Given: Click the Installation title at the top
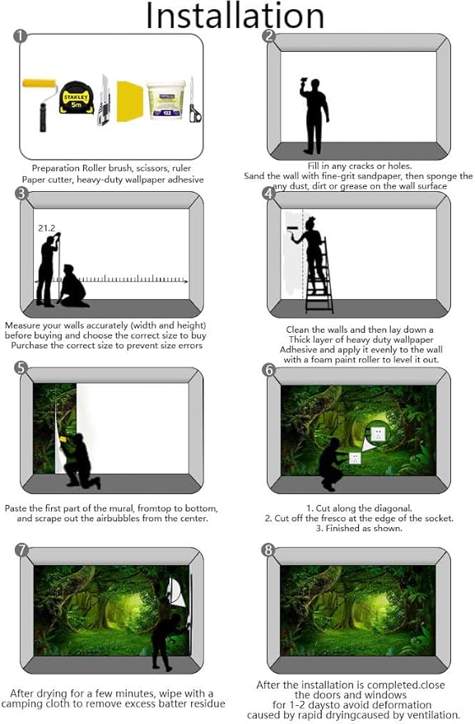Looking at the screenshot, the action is pos(235,16).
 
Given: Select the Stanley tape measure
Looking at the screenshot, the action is pos(77,98).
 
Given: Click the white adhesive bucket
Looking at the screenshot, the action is pos(165,100).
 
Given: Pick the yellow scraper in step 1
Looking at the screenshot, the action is pos(129,101).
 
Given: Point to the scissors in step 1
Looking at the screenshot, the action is pos(194,100).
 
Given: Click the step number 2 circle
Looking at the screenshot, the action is pos(268,36).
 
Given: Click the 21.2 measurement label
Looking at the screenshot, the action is pos(47,228).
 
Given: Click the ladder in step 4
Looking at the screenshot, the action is pos(319,276).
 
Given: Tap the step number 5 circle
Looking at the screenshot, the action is pos(21,367).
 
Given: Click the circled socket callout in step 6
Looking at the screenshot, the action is pos(378,432).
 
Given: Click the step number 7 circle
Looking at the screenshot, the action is pos(21,550).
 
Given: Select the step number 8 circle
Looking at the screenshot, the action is pos(268,550).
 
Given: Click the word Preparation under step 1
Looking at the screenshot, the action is pos(56,169).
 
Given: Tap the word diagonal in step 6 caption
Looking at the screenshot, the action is pos(393,508).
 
